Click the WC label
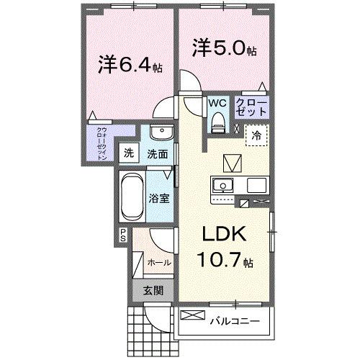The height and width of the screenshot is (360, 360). tap(217, 103)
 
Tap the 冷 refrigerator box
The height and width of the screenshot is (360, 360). tap(256, 134)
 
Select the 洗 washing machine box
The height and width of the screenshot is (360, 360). tap(128, 153)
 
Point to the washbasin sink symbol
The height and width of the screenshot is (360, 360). tap(160, 135)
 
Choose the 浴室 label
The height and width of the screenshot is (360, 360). tap(160, 197)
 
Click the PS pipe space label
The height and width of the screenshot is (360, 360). tap(124, 234)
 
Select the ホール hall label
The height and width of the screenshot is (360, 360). tap(159, 263)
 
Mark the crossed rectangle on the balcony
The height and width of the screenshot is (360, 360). tap(193, 315)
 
